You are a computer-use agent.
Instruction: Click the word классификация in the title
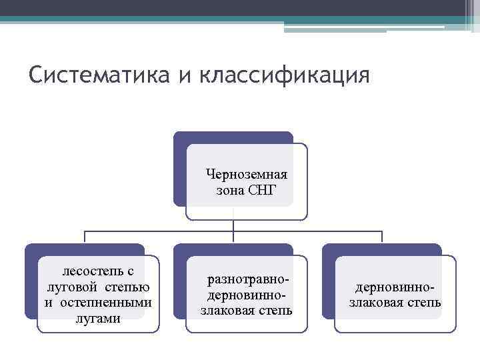pos(283,75)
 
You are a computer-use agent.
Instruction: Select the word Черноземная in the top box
pos(247,175)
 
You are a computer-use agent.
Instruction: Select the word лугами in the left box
pos(98,318)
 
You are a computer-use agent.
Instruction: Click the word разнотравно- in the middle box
pos(247,279)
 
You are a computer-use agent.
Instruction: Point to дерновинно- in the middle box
pos(247,295)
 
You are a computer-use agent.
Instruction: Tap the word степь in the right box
pos(424,303)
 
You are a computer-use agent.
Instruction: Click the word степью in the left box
pos(129,287)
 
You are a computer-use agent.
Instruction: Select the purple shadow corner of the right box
pos(328,249)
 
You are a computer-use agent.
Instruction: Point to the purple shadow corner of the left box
pos(31,249)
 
